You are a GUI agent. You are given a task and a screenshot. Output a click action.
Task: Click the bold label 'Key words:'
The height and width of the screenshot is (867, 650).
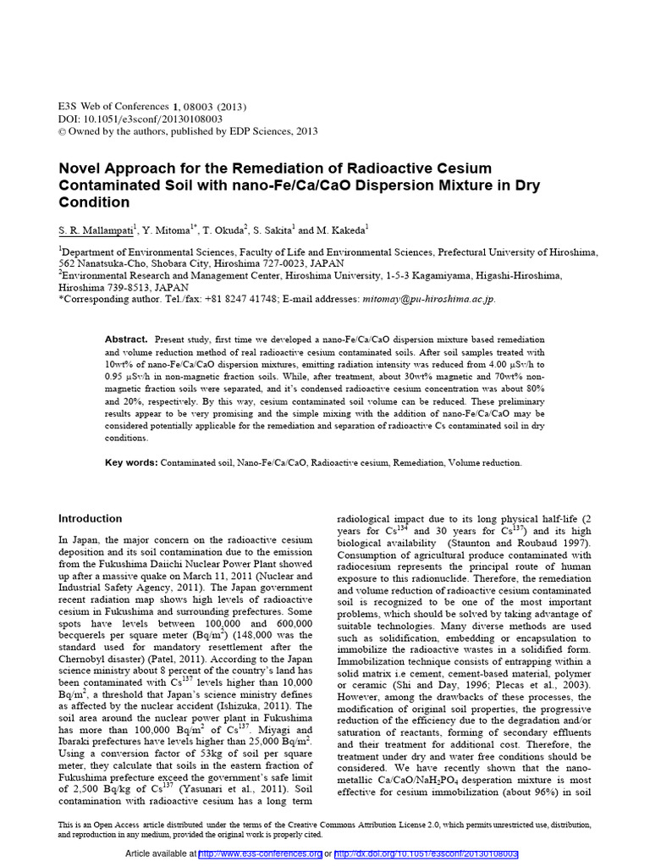(x=131, y=463)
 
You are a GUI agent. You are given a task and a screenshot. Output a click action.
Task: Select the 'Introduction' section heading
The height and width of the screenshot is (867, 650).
(x=90, y=518)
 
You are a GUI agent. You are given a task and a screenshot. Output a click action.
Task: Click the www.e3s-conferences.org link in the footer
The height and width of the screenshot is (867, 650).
(x=260, y=854)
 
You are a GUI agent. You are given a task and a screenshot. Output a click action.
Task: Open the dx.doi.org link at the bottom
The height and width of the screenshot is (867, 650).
(x=426, y=854)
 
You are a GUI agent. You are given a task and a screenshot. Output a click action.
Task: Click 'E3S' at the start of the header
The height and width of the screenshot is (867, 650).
(x=67, y=107)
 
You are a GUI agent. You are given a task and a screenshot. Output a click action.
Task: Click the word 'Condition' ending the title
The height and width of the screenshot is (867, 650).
(x=94, y=202)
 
